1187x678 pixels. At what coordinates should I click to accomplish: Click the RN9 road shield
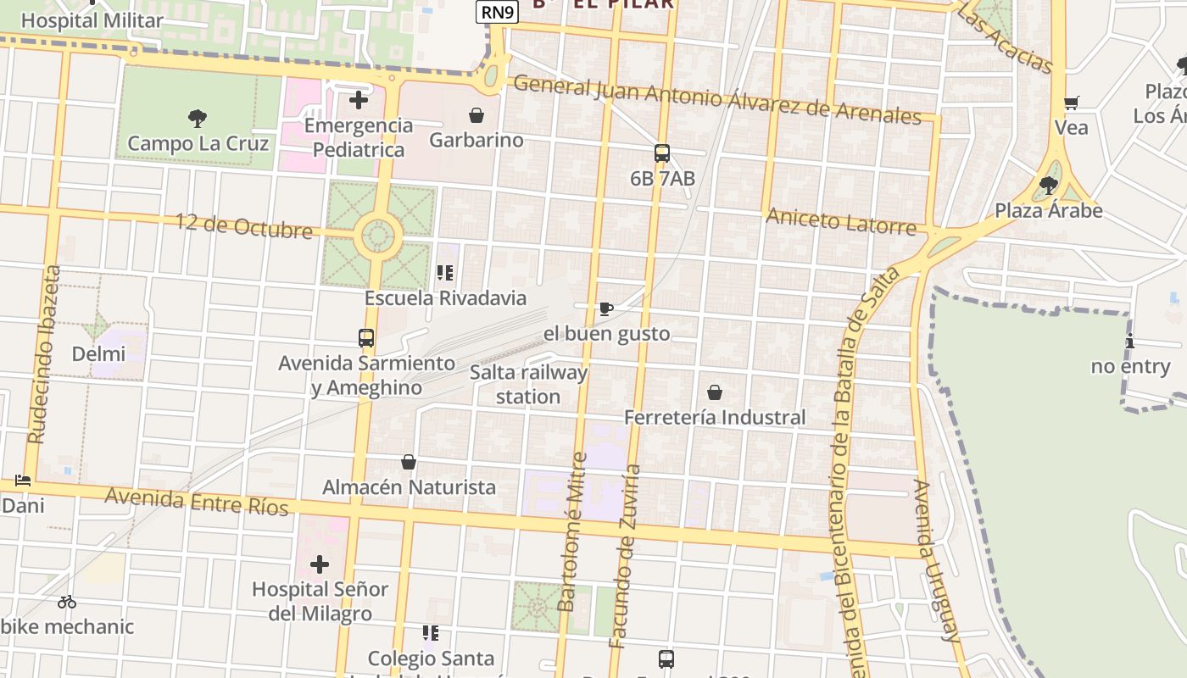497,11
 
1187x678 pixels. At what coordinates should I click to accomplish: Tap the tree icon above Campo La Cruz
198,118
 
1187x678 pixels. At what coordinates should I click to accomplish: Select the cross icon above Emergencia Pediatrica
359,100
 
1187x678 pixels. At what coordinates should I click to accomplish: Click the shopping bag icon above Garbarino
476,114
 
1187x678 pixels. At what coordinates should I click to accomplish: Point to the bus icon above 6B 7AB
662,153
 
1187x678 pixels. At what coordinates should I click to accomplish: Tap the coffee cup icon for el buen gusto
605,308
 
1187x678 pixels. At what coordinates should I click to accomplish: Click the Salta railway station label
528,384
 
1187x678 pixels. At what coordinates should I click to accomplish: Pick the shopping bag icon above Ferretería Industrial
715,392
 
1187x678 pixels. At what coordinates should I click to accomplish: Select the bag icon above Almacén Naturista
409,462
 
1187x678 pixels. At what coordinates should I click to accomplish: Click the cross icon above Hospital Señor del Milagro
320,564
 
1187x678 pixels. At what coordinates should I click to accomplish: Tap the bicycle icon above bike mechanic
67,602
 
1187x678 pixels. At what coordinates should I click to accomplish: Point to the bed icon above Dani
23,481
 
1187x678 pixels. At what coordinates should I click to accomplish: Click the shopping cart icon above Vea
1071,103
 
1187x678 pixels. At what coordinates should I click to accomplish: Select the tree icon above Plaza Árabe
1049,185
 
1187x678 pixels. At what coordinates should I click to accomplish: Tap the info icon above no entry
1130,342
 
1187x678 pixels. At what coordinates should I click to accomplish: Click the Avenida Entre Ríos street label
197,500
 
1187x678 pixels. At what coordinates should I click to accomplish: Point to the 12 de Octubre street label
244,225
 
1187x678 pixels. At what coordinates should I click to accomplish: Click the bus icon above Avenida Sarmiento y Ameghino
366,338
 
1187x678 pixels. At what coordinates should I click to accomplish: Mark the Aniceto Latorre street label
841,221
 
